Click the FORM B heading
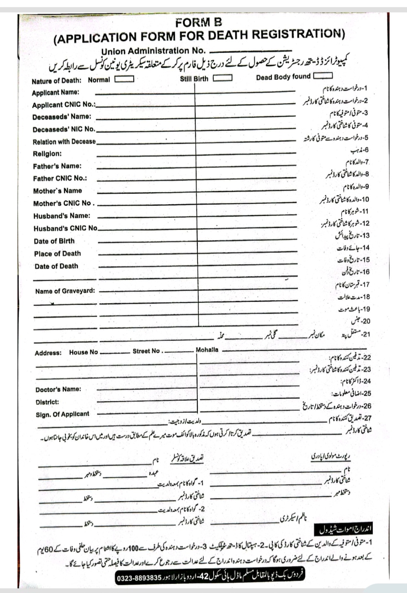pyautogui.click(x=199, y=23)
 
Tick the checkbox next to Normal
pyautogui.click(x=124, y=79)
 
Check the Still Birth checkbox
pyautogui.click(x=222, y=78)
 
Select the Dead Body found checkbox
pyautogui.click(x=323, y=76)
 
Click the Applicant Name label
pyautogui.click(x=55, y=92)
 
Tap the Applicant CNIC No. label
pyautogui.click(x=63, y=104)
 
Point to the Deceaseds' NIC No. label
pyautogui.click(x=64, y=129)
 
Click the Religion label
pyautogui.click(x=47, y=154)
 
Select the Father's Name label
pyautogui.click(x=57, y=166)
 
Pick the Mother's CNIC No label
pyautogui.click(x=63, y=203)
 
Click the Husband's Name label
pyautogui.click(x=62, y=216)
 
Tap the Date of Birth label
pyautogui.click(x=54, y=241)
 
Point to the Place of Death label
pyautogui.click(x=57, y=253)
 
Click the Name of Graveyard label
pyautogui.click(x=65, y=291)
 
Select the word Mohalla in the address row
pyautogui.click(x=207, y=350)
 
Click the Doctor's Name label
pyautogui.click(x=58, y=389)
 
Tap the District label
pyautogui.click(x=47, y=402)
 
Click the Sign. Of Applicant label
pyautogui.click(x=63, y=414)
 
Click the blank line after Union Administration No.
pyautogui.click(x=250, y=51)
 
